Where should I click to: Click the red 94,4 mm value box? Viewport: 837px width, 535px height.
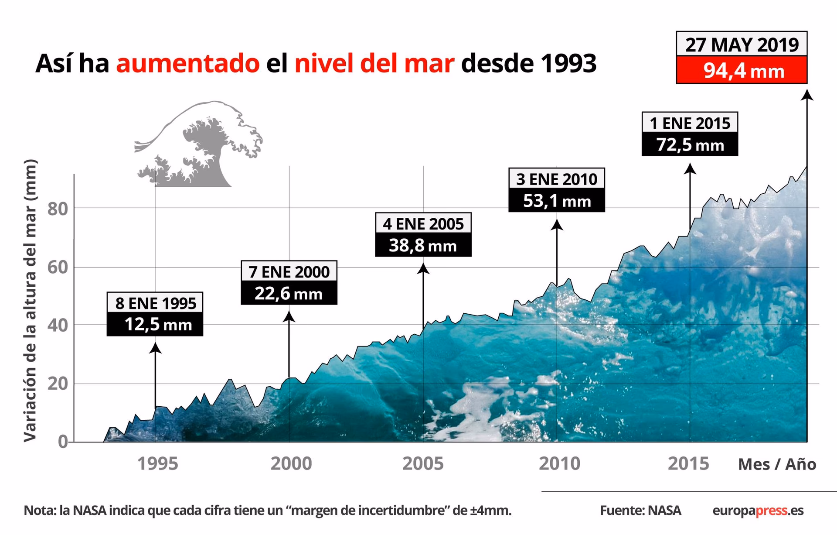(742, 70)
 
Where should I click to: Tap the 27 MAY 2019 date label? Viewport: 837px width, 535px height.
(742, 45)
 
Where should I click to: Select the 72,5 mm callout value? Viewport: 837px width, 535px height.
(690, 144)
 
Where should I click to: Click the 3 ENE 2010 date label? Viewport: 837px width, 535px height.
(557, 179)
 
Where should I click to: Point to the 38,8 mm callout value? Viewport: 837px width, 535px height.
(423, 245)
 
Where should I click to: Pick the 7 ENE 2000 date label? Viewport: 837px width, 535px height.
(289, 271)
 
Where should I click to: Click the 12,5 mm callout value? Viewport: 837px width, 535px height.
(155, 324)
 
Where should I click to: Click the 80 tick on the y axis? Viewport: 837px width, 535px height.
(58, 209)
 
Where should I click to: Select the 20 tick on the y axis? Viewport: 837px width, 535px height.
(58, 384)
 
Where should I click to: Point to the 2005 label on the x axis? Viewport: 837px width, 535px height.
(422, 463)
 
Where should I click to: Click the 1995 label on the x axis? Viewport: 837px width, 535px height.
(157, 463)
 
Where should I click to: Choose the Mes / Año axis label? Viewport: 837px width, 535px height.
(777, 464)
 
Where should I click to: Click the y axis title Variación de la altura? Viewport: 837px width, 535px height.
(30, 301)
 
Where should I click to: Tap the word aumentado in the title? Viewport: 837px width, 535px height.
(188, 63)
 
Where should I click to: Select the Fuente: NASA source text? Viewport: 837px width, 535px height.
(640, 510)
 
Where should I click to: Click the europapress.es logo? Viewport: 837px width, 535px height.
(758, 510)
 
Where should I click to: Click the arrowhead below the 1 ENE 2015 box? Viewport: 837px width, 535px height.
(690, 169)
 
